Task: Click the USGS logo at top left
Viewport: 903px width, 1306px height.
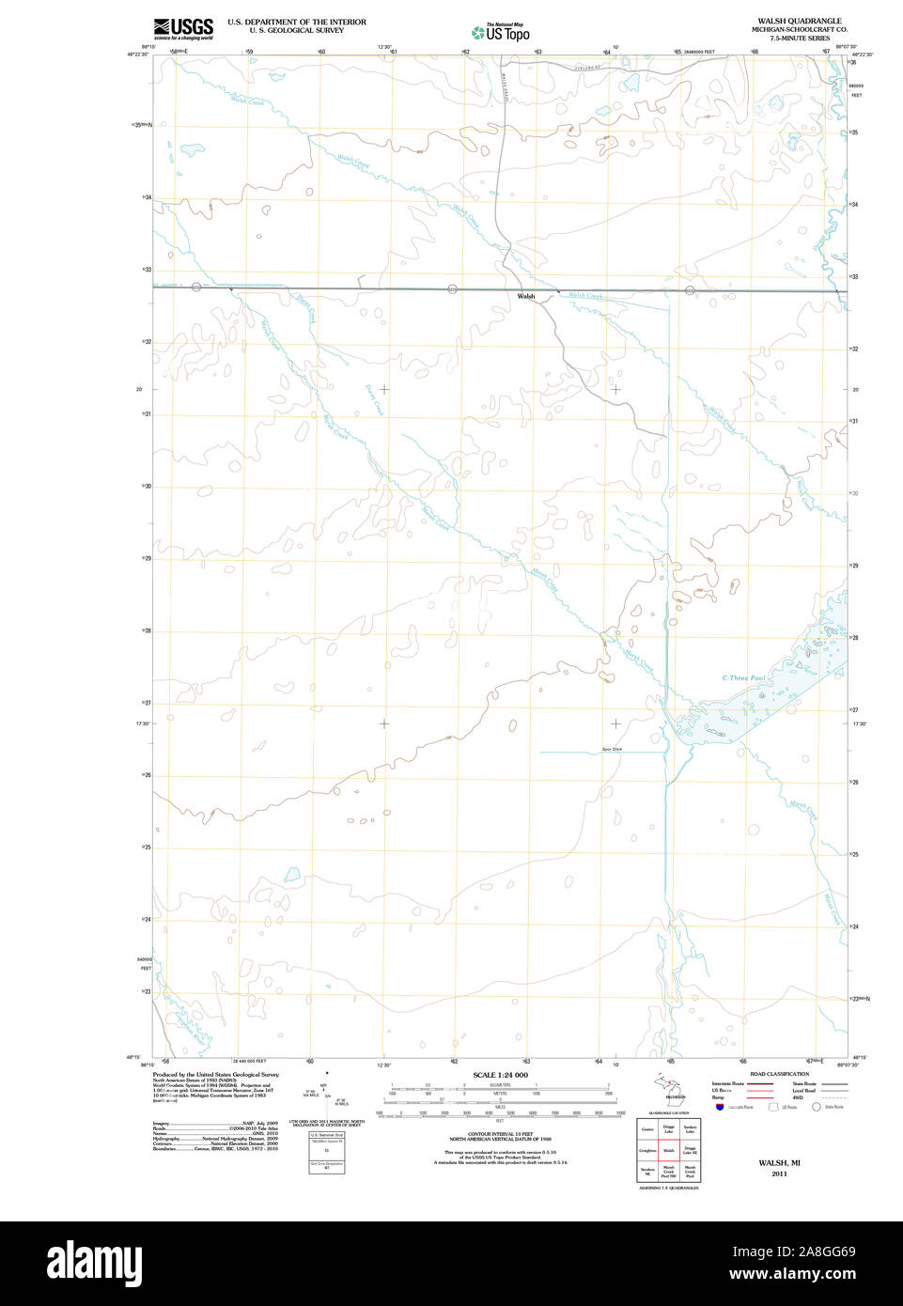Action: (x=183, y=28)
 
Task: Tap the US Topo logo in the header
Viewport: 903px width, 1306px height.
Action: (x=502, y=33)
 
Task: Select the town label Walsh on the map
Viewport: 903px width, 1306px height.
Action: (x=526, y=297)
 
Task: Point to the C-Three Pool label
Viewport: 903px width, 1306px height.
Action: (x=742, y=677)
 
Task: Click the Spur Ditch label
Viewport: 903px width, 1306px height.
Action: (x=612, y=749)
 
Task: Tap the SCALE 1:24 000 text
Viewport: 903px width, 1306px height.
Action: (x=500, y=1075)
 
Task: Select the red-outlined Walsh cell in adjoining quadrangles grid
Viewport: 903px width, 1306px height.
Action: (x=669, y=1150)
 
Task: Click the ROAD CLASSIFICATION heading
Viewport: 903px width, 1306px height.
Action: (x=779, y=1074)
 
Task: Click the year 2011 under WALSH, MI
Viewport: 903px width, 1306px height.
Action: (x=779, y=1174)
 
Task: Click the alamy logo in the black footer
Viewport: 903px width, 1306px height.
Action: (x=94, y=1263)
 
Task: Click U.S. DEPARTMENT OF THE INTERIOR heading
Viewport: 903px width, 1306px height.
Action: (x=297, y=22)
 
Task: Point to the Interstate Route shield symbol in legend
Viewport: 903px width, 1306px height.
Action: (x=720, y=1107)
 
